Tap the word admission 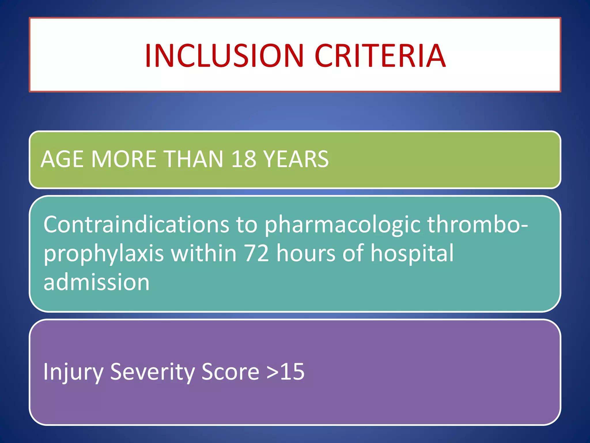[x=97, y=282]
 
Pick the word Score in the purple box [x=230, y=372]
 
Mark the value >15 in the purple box [x=285, y=372]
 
